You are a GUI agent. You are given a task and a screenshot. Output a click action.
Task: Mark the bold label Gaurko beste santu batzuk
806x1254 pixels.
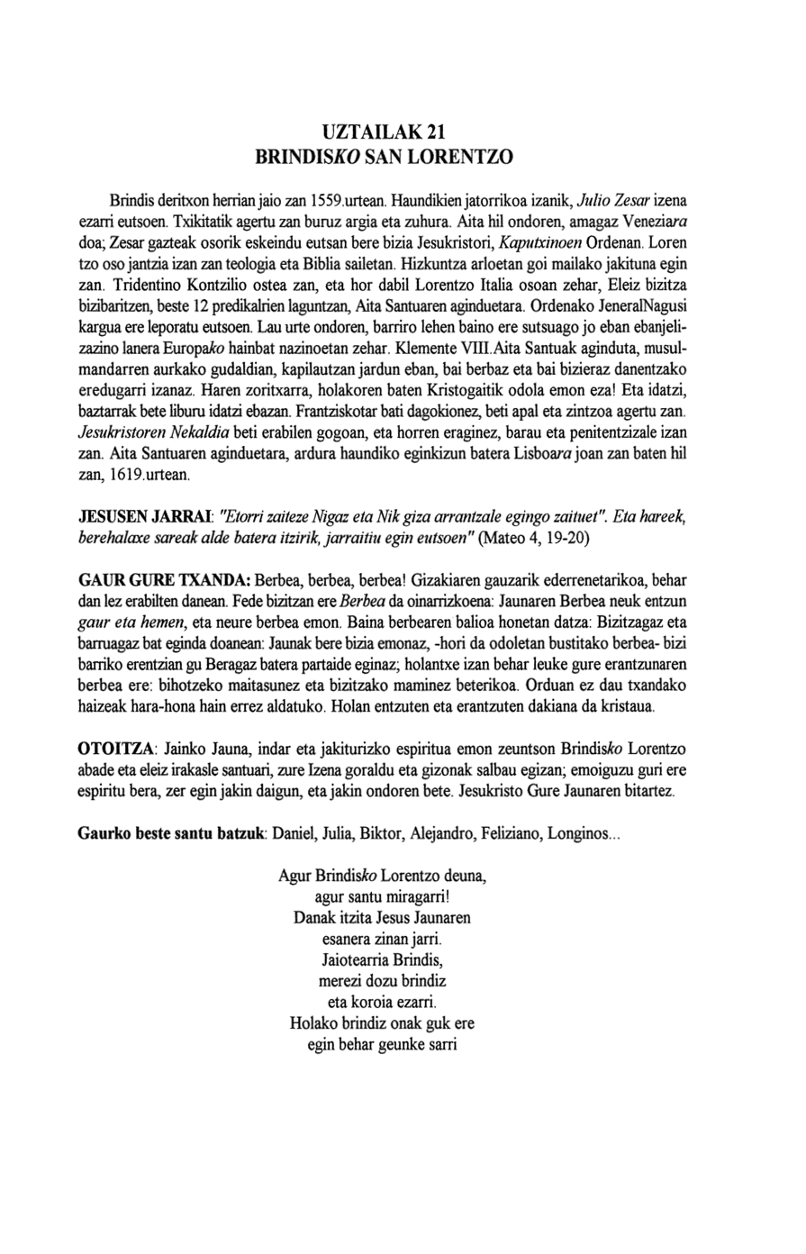(171, 833)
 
